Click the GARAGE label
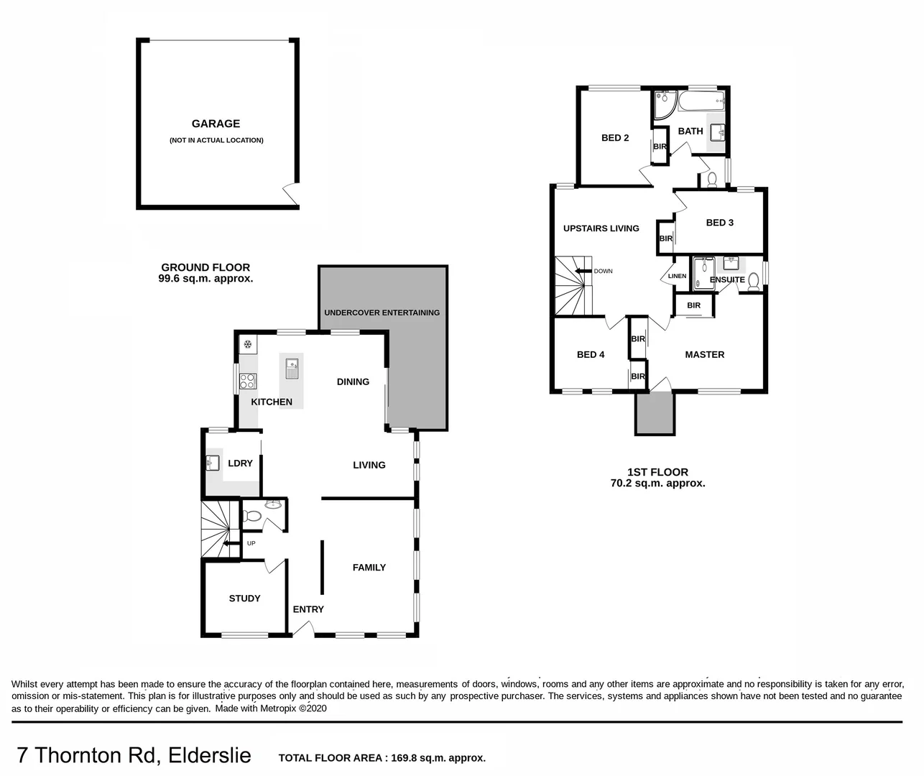click(x=216, y=124)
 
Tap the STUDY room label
click(x=244, y=599)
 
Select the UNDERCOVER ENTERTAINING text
click(x=382, y=313)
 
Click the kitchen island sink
click(x=292, y=369)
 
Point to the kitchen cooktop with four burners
click(x=248, y=381)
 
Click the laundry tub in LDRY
click(x=213, y=463)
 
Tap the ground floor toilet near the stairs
click(x=251, y=516)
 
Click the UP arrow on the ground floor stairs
click(x=231, y=543)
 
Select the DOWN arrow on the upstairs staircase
click(x=581, y=271)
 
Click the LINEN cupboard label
click(x=677, y=276)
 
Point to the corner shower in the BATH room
click(x=664, y=104)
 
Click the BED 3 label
click(x=719, y=223)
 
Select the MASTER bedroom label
click(x=704, y=354)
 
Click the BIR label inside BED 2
click(x=660, y=147)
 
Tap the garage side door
click(x=291, y=193)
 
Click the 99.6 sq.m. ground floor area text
click(x=205, y=278)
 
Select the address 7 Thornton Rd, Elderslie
click(x=134, y=756)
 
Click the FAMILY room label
click(x=369, y=568)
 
